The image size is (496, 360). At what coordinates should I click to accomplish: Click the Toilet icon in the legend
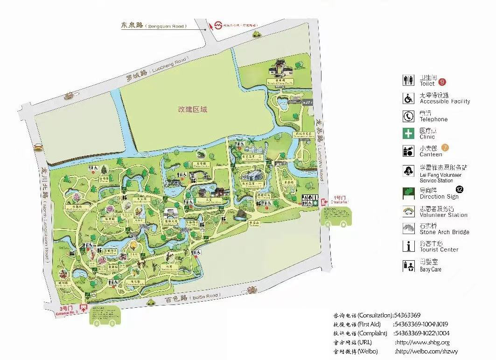(x=408, y=80)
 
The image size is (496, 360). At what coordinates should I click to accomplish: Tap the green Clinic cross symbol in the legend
(x=408, y=133)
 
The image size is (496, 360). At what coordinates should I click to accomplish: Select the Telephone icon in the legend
(x=408, y=116)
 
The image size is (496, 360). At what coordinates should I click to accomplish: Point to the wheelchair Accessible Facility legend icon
(x=408, y=98)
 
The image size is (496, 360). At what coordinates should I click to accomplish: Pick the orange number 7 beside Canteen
(x=445, y=148)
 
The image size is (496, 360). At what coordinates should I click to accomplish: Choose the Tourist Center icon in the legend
(x=408, y=246)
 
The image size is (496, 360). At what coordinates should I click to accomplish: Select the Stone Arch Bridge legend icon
(x=408, y=228)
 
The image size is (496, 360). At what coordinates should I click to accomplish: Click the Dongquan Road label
(x=166, y=27)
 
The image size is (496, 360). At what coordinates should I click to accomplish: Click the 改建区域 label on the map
(x=192, y=110)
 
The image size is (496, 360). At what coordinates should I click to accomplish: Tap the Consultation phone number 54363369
(x=407, y=315)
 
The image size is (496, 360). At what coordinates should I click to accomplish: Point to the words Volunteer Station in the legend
(x=443, y=215)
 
